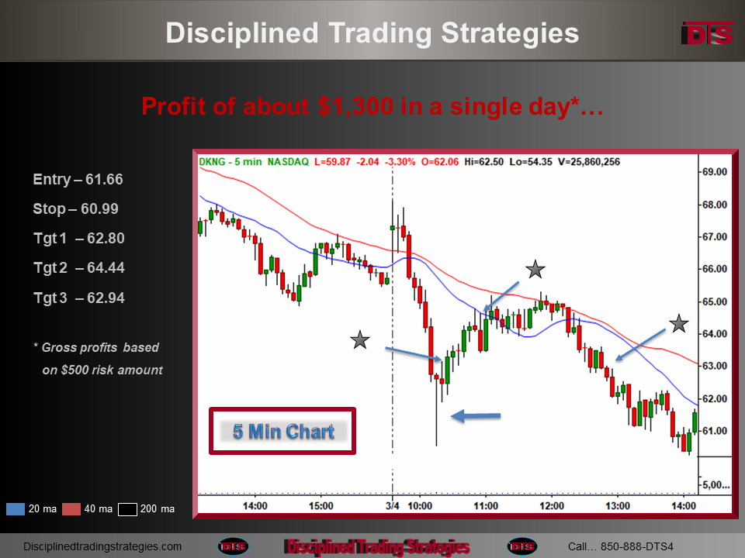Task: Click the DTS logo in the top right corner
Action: (x=708, y=33)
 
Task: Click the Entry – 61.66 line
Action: (x=78, y=179)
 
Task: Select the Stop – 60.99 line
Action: (x=75, y=208)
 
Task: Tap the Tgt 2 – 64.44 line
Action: (x=79, y=267)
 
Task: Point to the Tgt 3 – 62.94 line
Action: (x=79, y=298)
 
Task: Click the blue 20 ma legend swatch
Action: (x=16, y=509)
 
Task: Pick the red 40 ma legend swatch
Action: (x=71, y=509)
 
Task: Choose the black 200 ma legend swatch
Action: (x=127, y=509)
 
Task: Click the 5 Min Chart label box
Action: (x=282, y=431)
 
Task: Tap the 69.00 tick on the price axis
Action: (x=715, y=172)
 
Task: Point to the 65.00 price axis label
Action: (x=715, y=301)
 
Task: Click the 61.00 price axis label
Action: (x=715, y=431)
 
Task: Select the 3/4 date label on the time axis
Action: (x=393, y=506)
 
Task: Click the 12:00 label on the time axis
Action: (x=552, y=506)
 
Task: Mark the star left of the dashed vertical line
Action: (x=359, y=339)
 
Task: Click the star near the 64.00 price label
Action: (x=679, y=324)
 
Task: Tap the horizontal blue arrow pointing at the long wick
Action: (x=476, y=416)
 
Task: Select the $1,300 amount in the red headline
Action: (x=355, y=106)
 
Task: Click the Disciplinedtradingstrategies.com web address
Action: (x=102, y=546)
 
